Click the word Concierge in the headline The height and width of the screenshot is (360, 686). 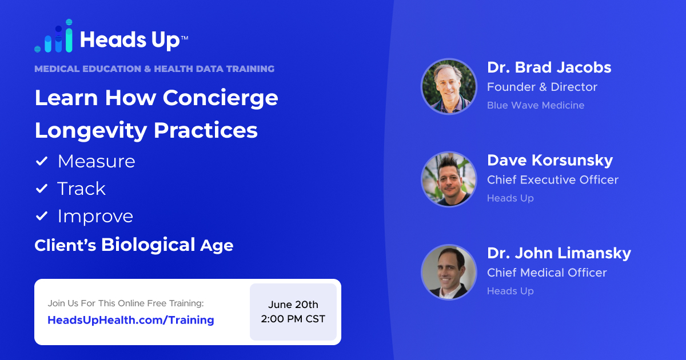221,98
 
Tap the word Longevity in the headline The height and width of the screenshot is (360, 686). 90,130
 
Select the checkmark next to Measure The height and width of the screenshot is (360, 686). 42,162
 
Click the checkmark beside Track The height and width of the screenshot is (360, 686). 42,189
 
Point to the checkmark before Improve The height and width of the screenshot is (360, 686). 42,217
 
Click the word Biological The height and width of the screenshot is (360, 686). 149,245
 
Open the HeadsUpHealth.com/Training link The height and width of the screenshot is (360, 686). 131,320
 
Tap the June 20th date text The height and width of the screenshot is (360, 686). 293,304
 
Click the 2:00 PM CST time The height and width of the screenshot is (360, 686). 293,319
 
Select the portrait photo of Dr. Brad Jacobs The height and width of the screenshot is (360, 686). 449,86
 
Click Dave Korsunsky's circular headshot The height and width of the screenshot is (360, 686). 449,179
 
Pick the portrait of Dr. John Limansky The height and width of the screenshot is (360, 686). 449,272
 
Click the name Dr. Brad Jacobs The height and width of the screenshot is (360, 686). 549,67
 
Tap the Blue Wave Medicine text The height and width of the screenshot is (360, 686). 536,105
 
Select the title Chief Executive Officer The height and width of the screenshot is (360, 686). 552,179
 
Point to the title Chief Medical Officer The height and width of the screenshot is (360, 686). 547,273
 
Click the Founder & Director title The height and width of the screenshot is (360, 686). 542,87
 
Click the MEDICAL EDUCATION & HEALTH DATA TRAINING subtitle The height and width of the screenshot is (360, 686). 154,69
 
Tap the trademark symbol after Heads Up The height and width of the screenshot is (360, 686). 184,38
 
